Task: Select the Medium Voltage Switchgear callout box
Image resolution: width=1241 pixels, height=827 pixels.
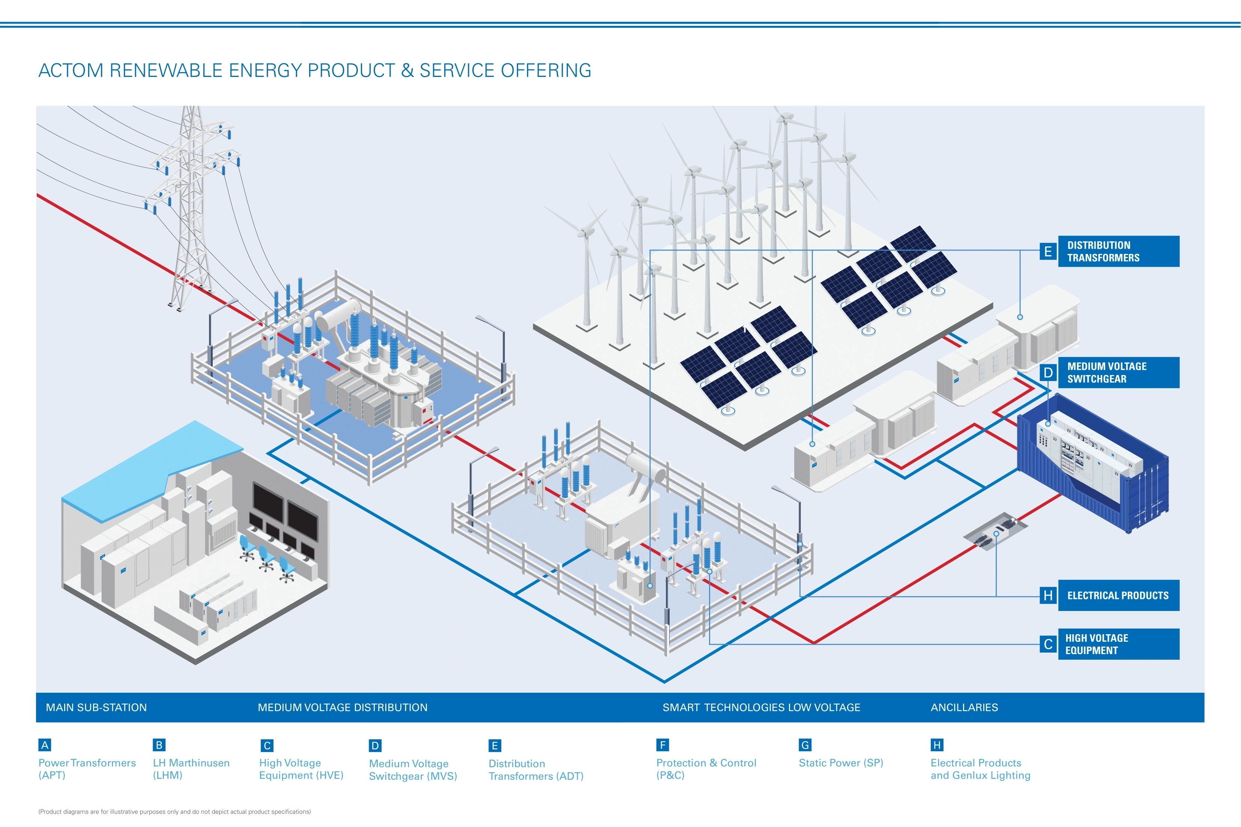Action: [x=1118, y=372]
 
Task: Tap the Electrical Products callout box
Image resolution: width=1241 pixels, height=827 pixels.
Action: [x=1118, y=596]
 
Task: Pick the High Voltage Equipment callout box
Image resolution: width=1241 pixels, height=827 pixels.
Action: [x=1118, y=644]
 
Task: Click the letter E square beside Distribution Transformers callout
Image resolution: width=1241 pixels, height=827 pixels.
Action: [x=1047, y=252]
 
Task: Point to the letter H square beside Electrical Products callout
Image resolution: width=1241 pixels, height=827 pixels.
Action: [x=1047, y=596]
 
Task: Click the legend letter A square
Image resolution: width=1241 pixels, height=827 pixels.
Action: [x=45, y=745]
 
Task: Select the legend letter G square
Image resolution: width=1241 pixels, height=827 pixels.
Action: [x=805, y=745]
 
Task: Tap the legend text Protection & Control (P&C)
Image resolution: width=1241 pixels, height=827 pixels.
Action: [x=706, y=769]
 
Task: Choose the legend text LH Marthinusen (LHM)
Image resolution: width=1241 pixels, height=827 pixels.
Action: [x=191, y=769]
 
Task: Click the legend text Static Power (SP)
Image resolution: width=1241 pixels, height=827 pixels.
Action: [x=841, y=762]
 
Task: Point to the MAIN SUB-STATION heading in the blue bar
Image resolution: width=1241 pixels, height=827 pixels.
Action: [x=96, y=707]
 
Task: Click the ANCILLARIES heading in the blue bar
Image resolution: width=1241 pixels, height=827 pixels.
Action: [x=964, y=707]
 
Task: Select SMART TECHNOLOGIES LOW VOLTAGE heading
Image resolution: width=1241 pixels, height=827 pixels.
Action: [x=761, y=707]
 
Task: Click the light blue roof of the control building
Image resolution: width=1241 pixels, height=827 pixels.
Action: [x=153, y=464]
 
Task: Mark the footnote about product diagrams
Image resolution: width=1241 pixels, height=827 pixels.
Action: [x=174, y=812]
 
